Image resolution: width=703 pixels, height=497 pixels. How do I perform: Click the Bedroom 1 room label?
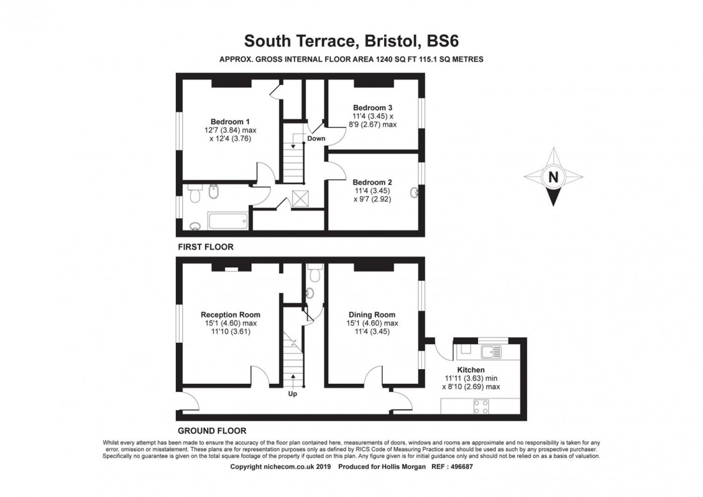[x=230, y=122]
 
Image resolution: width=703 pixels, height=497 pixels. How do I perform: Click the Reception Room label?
[x=230, y=315]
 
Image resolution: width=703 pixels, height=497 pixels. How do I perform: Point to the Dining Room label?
[x=371, y=315]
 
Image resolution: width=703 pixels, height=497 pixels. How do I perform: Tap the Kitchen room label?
[x=470, y=370]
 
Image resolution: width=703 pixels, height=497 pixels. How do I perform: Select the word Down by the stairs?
[x=316, y=138]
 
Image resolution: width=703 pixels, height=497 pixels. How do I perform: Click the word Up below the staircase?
[x=293, y=394]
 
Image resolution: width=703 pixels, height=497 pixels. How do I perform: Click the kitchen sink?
[x=491, y=351]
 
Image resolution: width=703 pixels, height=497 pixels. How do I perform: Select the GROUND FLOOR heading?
[x=212, y=430]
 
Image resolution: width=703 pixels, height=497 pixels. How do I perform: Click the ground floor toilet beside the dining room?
[x=313, y=273]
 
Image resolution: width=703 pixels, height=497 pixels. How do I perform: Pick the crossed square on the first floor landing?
[x=300, y=198]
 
